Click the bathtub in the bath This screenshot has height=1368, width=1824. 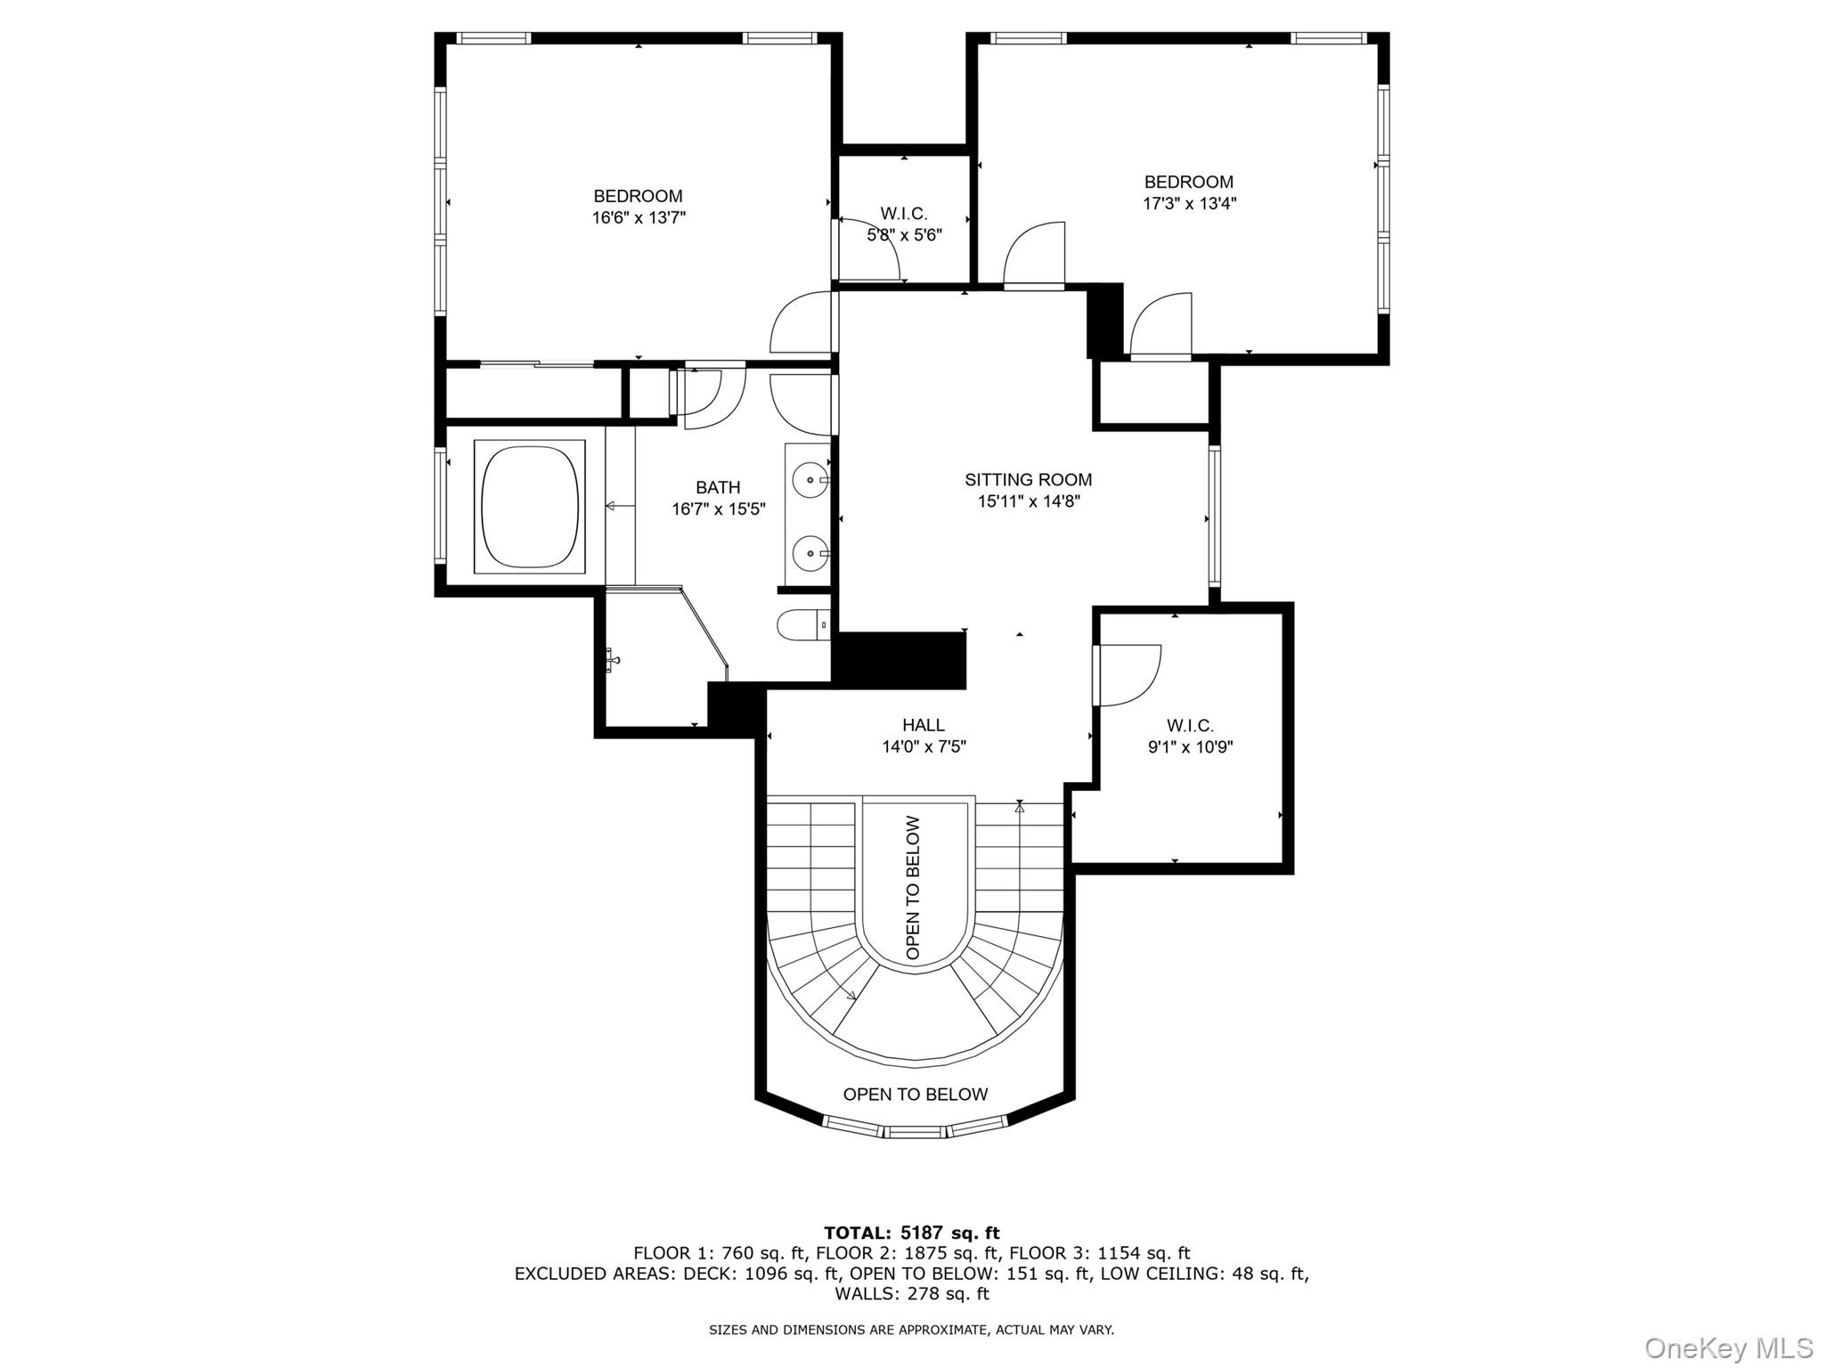click(530, 506)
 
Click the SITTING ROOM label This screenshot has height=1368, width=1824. click(1028, 480)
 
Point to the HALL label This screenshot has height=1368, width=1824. click(924, 725)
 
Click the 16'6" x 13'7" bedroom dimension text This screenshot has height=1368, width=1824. click(639, 217)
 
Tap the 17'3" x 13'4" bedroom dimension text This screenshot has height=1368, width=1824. click(1189, 203)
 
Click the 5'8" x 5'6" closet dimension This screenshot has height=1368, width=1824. click(904, 235)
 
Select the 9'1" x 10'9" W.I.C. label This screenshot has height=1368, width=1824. click(1190, 747)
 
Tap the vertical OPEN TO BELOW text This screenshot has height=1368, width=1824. click(914, 887)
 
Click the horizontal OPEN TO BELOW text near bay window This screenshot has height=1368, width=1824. click(915, 1095)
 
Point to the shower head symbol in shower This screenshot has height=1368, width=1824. click(613, 660)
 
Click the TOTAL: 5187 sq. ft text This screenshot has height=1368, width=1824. click(911, 1233)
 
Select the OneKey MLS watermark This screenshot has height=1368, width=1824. click(1728, 1348)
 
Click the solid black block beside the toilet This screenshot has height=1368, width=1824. click(900, 660)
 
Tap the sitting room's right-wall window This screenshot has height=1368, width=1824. click(1214, 517)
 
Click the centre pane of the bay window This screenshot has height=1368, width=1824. click(915, 1131)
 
